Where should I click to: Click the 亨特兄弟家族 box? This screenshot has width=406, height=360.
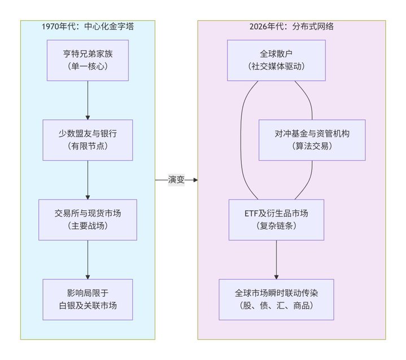coord(88,60)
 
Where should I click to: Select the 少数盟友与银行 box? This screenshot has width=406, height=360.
coord(88,140)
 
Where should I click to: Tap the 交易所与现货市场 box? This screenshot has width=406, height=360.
coord(88,219)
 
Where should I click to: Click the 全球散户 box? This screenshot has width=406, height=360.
coord(276,60)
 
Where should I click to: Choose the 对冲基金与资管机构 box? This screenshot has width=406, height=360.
coord(312,140)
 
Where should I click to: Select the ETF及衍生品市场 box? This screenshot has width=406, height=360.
coord(276,219)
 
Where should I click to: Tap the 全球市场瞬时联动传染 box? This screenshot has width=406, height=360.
coord(276,299)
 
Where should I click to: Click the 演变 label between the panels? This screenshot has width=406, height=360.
coord(176,180)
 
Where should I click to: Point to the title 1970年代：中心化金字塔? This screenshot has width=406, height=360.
coord(88,27)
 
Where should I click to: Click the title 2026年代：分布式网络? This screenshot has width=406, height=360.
coord(291,27)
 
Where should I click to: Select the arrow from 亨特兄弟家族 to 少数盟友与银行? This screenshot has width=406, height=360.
coord(88,99)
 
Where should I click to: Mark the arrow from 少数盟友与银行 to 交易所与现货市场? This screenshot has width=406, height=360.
coord(88,179)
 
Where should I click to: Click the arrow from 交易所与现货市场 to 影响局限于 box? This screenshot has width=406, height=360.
coord(88,259)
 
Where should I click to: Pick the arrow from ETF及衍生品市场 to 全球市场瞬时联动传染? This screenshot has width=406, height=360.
coord(276,259)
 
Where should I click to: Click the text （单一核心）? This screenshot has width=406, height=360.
coord(88,66)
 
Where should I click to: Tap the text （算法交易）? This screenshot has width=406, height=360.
coord(312,146)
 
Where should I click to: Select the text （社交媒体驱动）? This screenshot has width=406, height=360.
coord(276,66)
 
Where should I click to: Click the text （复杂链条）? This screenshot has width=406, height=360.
coord(276,226)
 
